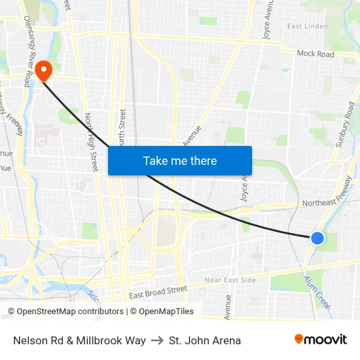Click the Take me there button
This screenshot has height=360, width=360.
tap(180, 160)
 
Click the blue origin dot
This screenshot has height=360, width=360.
tap(317, 238)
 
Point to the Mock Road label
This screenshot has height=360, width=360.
tap(315, 54)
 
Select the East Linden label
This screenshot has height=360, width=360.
tap(307, 26)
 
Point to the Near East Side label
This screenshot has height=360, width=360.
tap(230, 280)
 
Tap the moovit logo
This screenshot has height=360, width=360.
tap(321, 340)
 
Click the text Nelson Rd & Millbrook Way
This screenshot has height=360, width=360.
tap(79, 340)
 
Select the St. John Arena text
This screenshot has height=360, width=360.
tap(205, 340)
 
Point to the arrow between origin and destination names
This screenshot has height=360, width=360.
tap(157, 340)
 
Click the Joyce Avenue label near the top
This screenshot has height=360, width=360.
tap(267, 20)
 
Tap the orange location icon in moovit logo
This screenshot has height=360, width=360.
tap(299, 339)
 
